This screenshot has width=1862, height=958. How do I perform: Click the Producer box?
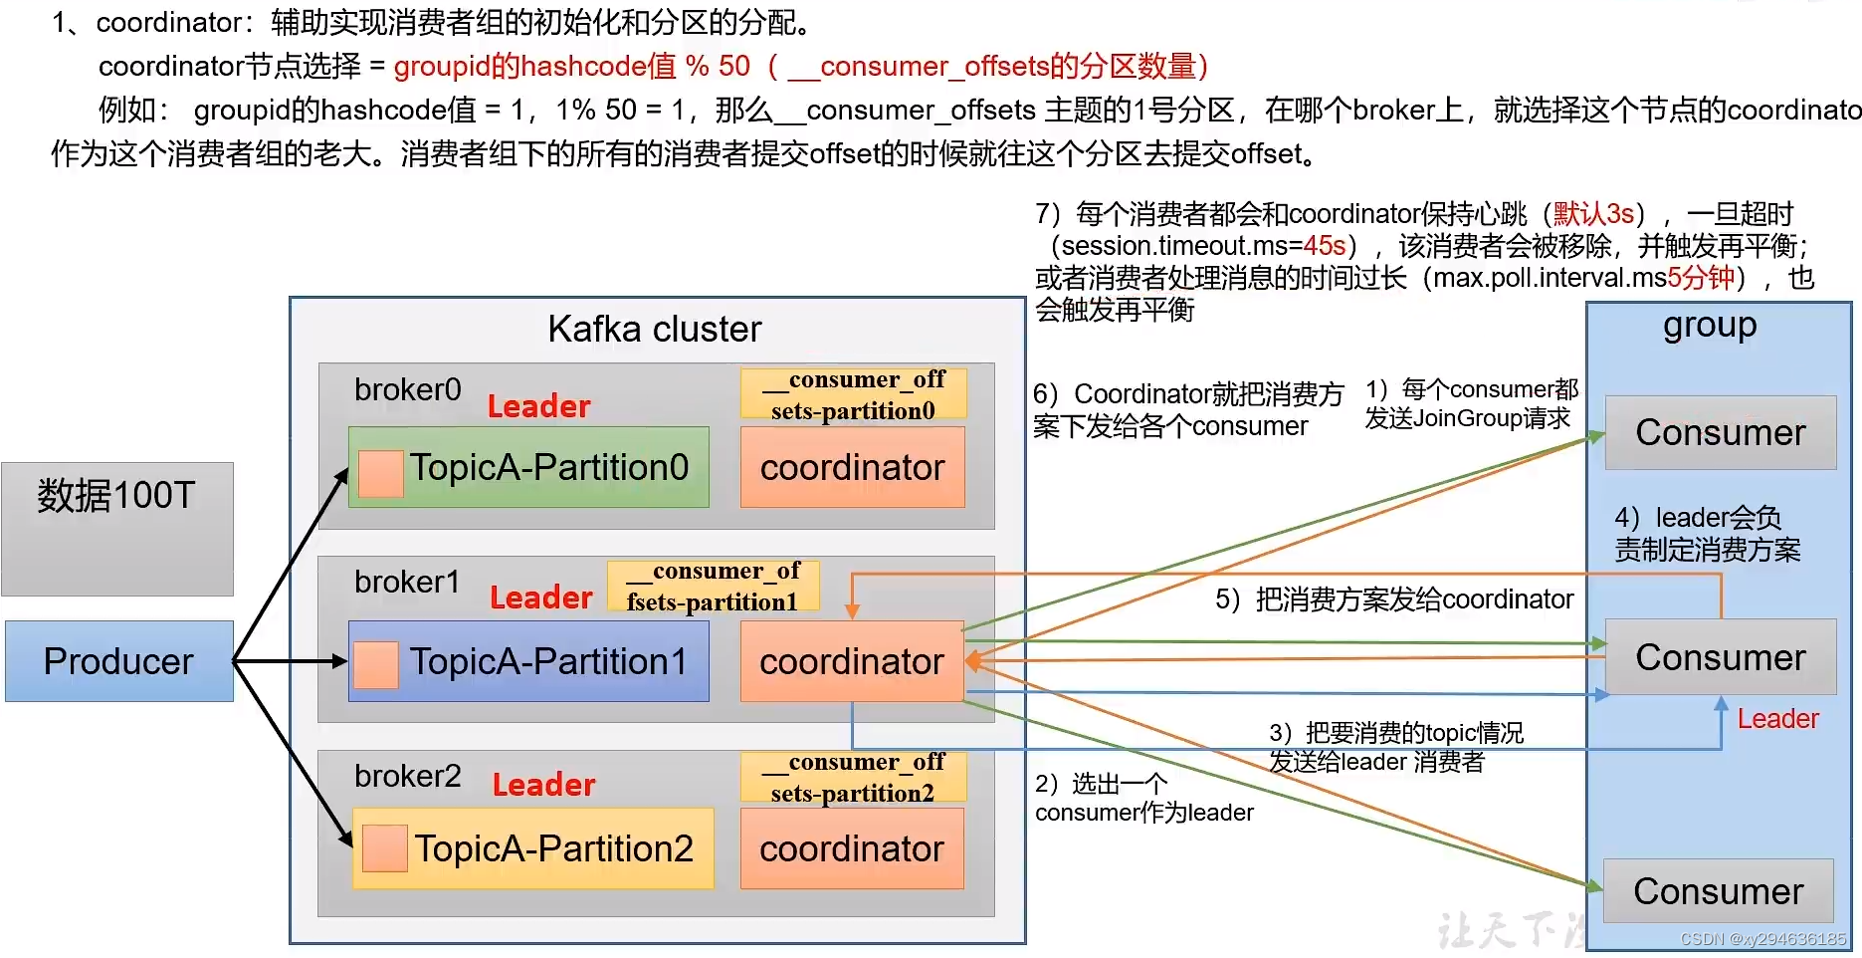coord(119,661)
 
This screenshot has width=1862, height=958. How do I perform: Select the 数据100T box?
coord(117,529)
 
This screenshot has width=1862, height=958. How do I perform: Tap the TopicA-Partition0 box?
coord(528,467)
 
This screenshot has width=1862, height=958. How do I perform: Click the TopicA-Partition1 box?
coord(528,661)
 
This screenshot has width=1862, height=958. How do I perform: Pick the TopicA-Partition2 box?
coord(533,848)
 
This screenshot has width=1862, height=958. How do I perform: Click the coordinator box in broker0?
coord(853,467)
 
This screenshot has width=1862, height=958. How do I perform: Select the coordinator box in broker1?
coord(853,661)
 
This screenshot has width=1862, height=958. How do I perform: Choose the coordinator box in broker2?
coord(853,848)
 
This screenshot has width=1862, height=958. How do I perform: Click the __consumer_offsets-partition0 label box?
coord(854,394)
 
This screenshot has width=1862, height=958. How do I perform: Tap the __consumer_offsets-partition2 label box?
coord(854,777)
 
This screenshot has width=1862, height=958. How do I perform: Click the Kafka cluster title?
coord(655,329)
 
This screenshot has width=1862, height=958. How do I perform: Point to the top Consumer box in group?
coord(1721,432)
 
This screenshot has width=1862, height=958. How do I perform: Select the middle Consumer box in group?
coord(1721,657)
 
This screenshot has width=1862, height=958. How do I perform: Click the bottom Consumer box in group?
coord(1719,891)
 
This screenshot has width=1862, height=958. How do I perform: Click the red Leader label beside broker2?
coord(544,785)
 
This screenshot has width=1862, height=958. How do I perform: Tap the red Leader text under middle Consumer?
coord(1778,719)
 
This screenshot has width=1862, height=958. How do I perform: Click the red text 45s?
coord(1325,245)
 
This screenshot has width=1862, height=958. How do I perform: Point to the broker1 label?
coord(407,582)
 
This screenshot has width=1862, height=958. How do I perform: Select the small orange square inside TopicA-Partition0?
coord(380,473)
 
